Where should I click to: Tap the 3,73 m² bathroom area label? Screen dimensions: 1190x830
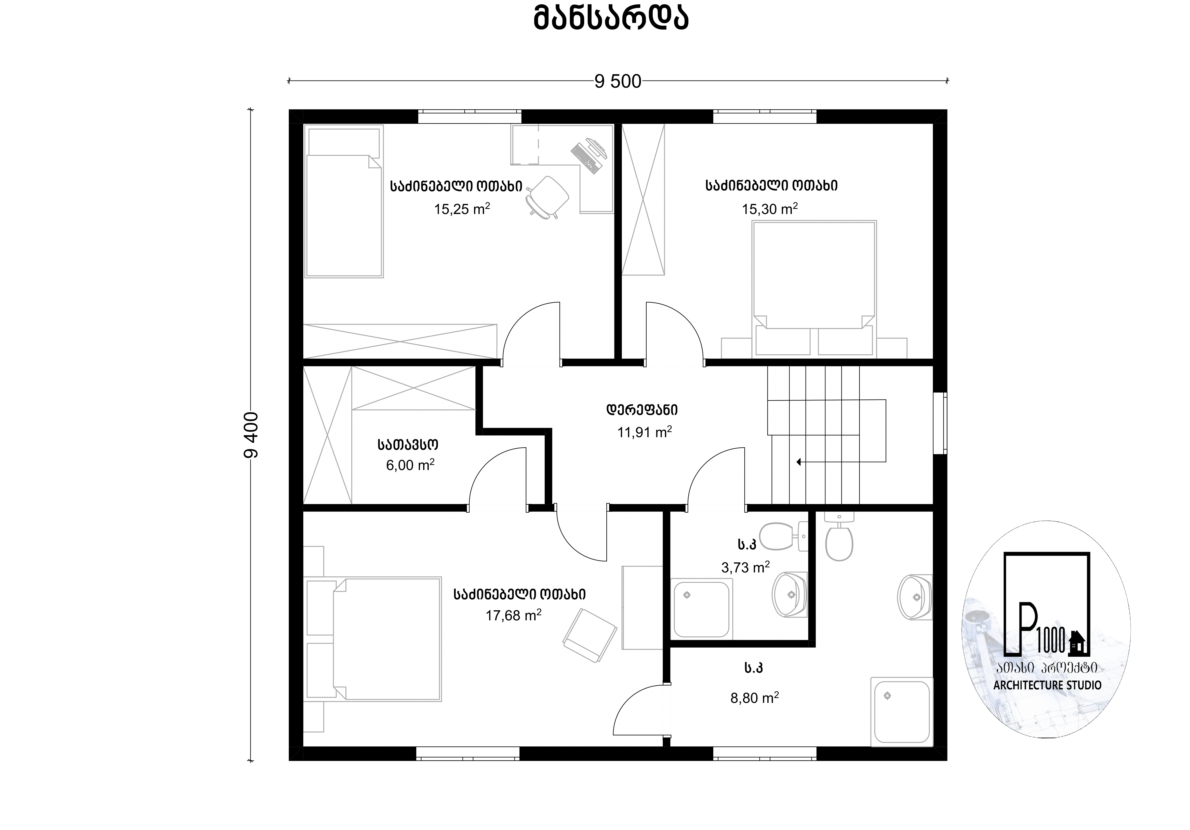pyautogui.click(x=745, y=567)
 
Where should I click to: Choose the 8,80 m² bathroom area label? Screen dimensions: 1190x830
pyautogui.click(x=755, y=698)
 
